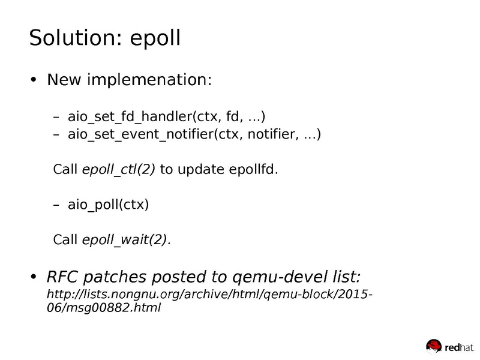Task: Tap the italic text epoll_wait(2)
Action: (126, 239)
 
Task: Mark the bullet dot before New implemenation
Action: (34, 80)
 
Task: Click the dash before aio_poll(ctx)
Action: (57, 205)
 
